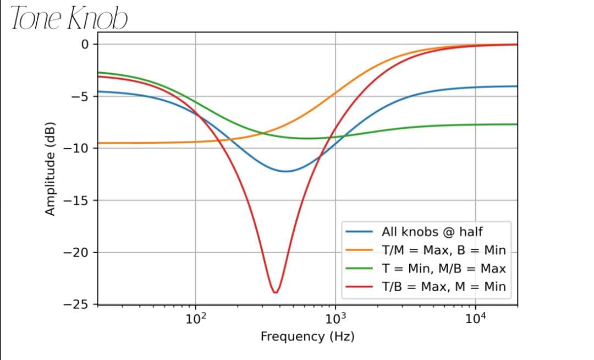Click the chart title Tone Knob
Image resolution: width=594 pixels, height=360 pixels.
click(69, 18)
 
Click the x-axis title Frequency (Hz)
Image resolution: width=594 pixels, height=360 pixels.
click(307, 336)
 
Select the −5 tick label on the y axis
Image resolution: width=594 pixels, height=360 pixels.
click(81, 96)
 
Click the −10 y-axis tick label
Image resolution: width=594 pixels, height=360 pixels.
click(79, 149)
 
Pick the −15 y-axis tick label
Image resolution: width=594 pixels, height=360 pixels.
click(79, 200)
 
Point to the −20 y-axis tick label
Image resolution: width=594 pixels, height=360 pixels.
click(79, 253)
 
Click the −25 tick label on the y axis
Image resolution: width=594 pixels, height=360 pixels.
click(79, 304)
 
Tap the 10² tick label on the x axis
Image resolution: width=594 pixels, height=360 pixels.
click(195, 319)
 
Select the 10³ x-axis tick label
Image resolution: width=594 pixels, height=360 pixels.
click(335, 319)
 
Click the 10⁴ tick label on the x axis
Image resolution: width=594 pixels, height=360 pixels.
click(475, 319)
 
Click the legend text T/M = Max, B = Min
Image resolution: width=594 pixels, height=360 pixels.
click(443, 250)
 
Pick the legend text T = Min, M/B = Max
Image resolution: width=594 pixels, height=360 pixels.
click(443, 269)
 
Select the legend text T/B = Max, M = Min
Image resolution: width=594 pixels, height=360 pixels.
click(443, 287)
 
